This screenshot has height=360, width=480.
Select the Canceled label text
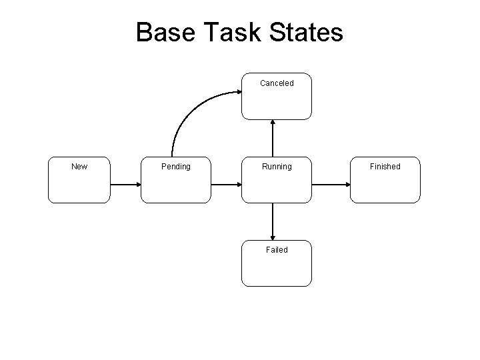[276, 83]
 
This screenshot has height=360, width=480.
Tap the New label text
[79, 166]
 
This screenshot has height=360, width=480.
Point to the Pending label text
[176, 167]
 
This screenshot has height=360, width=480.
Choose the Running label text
[276, 167]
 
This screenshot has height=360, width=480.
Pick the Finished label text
[385, 167]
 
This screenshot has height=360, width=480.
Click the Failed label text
[276, 250]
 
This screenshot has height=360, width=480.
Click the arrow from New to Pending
[125, 184]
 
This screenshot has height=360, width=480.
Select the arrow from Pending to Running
[225, 184]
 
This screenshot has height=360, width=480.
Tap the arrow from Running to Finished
[331, 184]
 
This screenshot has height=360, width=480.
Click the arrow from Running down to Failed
[273, 221]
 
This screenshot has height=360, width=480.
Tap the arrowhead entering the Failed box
[273, 237]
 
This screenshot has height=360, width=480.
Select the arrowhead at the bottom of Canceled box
[273, 123]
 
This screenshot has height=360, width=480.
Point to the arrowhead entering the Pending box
[137, 184]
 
